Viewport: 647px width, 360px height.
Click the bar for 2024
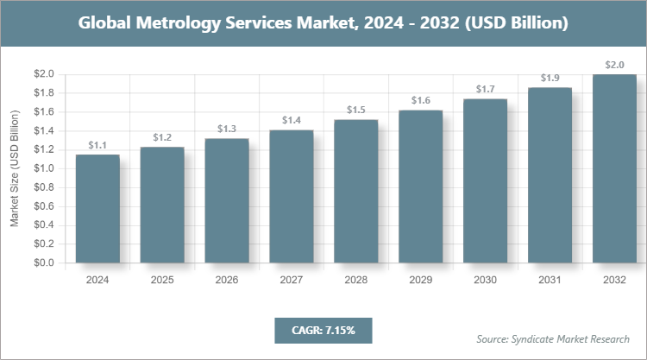point(97,208)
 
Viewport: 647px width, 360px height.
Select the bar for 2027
point(291,196)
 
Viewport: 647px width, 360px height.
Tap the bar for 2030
point(485,180)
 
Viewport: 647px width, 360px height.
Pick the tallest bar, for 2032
point(614,168)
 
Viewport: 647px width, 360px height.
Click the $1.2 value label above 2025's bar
point(162,137)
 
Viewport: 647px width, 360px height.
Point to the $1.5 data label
point(355,110)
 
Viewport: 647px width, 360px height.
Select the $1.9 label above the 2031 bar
point(550,78)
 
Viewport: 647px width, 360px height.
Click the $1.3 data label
point(227,129)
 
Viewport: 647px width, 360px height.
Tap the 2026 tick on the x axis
point(227,281)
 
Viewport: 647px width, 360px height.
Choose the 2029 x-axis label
point(420,281)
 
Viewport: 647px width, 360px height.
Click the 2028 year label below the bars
point(355,281)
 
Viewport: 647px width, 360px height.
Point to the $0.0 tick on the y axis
point(44,262)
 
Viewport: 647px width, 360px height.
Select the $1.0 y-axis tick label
point(44,168)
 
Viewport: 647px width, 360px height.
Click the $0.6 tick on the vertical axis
point(44,206)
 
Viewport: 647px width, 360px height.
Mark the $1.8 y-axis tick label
point(44,93)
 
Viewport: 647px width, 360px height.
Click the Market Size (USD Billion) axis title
point(15,168)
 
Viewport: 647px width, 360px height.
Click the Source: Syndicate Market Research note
point(552,338)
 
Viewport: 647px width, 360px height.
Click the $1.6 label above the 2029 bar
point(420,100)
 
